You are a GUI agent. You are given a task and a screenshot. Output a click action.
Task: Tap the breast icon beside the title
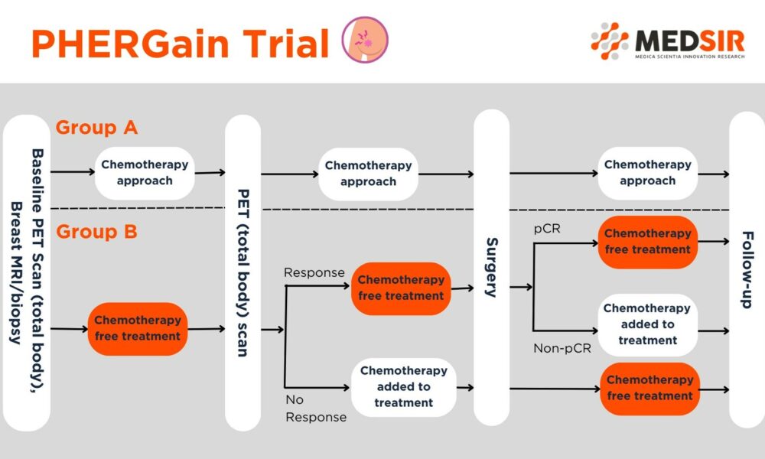tap(364, 40)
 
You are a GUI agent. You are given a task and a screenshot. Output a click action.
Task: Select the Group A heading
tap(96, 128)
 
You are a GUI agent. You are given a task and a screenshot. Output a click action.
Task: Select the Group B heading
tap(96, 231)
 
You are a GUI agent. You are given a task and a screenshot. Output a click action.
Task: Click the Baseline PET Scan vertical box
tap(27, 272)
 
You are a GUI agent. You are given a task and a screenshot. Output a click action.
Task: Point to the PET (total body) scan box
tap(243, 272)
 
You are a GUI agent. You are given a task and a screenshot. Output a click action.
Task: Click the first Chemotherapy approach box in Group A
tap(144, 173)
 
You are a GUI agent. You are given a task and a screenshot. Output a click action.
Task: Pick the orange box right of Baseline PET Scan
tap(138, 329)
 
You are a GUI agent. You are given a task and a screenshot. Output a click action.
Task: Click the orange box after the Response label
tap(401, 288)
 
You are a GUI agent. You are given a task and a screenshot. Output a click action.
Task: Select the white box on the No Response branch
tap(403, 387)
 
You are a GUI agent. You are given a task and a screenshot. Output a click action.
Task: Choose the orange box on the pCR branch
tap(647, 242)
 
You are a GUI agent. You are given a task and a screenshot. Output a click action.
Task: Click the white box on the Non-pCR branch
tap(647, 324)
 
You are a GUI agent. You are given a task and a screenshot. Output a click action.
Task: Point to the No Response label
tap(315, 409)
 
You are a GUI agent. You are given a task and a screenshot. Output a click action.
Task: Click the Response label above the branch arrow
tap(314, 272)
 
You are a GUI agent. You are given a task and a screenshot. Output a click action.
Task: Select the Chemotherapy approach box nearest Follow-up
tap(647, 173)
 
